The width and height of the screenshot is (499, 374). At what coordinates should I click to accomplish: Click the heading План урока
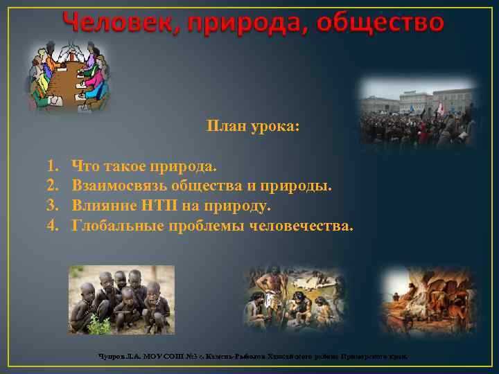pyautogui.click(x=252, y=127)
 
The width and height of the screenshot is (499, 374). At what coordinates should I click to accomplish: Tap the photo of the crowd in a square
pyautogui.click(x=418, y=112)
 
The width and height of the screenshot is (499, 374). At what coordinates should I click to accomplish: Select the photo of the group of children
pyautogui.click(x=121, y=300)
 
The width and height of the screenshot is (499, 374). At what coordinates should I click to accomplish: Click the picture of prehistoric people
pyautogui.click(x=293, y=301)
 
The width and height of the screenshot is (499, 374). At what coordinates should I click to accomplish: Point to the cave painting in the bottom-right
pyautogui.click(x=425, y=299)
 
